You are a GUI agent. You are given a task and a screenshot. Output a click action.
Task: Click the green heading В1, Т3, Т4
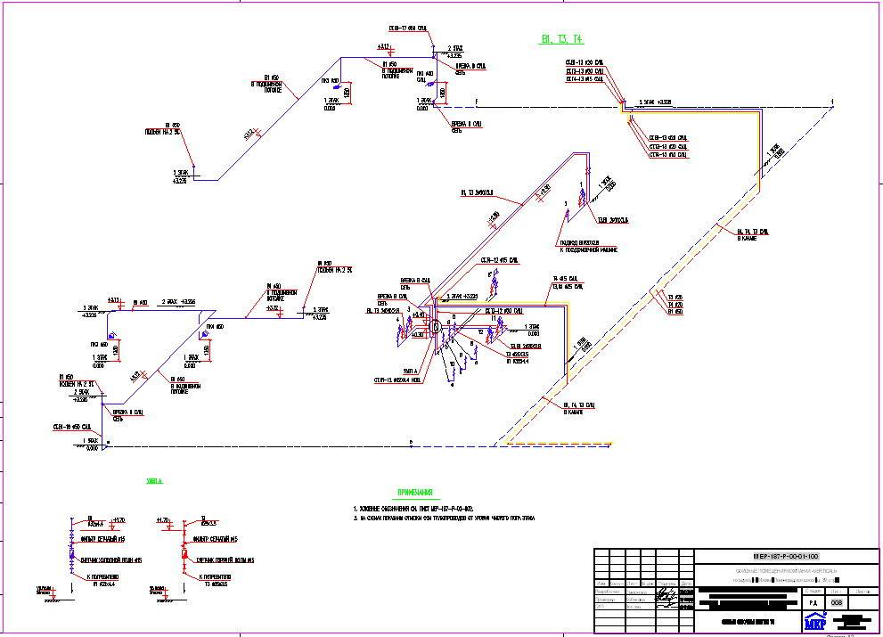[x=561, y=39]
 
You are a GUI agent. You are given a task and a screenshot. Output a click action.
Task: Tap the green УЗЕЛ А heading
[x=155, y=481]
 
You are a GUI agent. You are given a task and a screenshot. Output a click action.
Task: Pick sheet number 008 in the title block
[x=836, y=603]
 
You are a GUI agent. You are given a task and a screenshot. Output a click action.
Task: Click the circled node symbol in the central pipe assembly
[x=436, y=328]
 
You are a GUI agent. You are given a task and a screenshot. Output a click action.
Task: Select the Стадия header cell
[x=813, y=590]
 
